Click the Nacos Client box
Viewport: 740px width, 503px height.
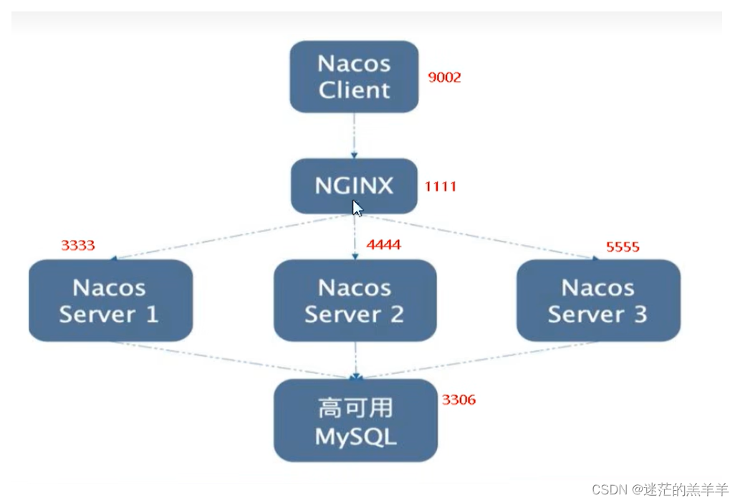pos(354,77)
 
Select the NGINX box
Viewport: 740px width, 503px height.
pos(354,186)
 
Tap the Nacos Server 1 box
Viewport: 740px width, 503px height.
pos(110,300)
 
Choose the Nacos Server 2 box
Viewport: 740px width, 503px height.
pos(355,300)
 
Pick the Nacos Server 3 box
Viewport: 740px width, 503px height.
pos(598,300)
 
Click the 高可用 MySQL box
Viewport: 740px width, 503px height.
pos(355,421)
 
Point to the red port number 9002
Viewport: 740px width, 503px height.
pos(444,77)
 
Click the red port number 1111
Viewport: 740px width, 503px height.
pos(440,186)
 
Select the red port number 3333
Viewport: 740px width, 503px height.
pos(77,246)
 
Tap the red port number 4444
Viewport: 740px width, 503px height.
pos(383,245)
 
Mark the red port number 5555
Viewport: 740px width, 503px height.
pos(622,247)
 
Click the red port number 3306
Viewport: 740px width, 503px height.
pos(458,400)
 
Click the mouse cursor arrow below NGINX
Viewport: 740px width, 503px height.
pos(357,208)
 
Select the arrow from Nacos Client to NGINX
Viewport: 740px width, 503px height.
pos(354,135)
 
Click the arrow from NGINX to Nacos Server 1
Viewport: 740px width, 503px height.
pos(229,237)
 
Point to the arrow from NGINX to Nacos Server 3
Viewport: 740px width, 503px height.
pos(480,236)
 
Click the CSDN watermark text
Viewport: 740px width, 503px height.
pos(660,489)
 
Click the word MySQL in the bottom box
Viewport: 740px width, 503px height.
pos(355,436)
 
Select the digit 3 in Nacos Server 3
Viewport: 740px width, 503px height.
pos(639,314)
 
